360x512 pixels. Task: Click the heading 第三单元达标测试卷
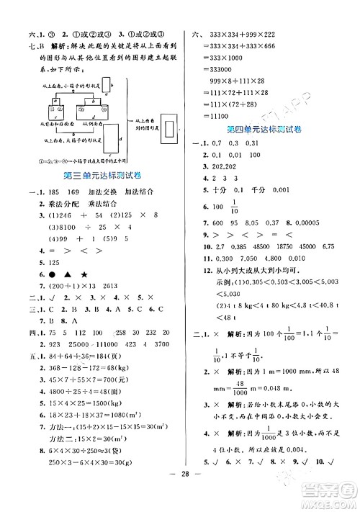(x=97, y=176)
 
